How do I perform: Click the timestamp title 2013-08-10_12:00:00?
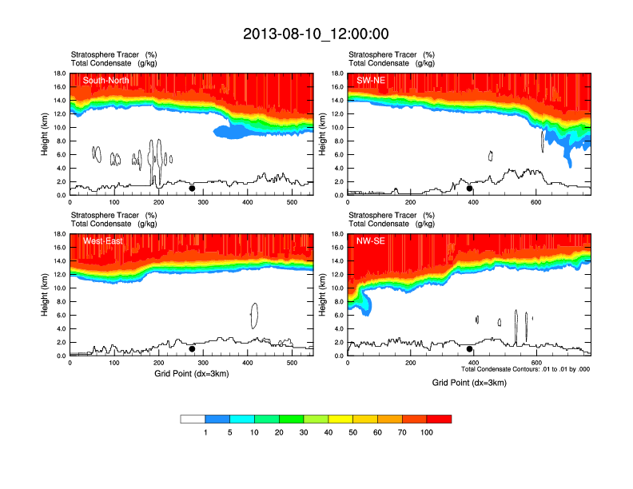[316, 34]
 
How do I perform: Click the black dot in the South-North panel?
[192, 189]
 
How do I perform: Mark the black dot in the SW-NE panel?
[470, 189]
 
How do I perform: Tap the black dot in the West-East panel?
[192, 349]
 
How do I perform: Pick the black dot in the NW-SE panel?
[470, 349]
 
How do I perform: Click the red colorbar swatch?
[439, 419]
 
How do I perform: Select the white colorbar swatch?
[193, 419]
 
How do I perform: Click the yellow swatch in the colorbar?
[341, 419]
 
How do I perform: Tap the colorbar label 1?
[205, 432]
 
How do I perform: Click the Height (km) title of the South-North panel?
[46, 134]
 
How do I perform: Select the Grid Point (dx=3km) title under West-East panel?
[191, 373]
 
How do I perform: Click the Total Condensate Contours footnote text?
[525, 369]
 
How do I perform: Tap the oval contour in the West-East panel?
[254, 316]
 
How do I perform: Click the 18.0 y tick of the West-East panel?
[58, 234]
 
